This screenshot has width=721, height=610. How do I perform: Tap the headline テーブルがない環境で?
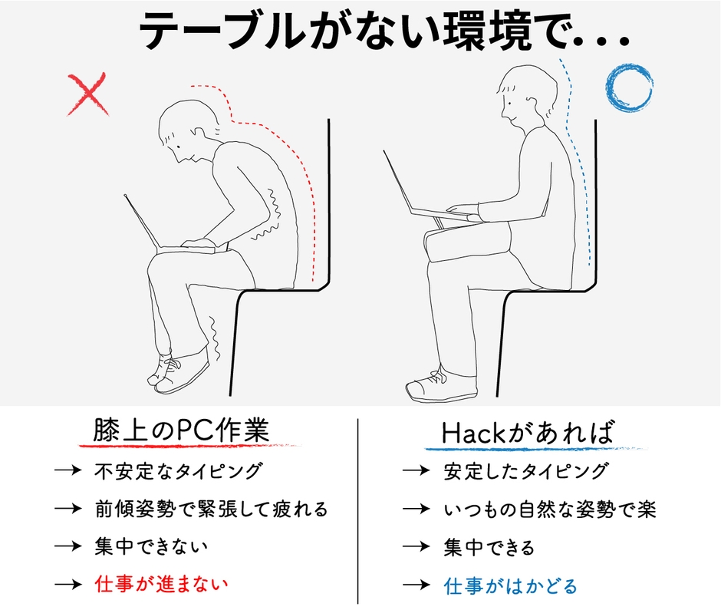click(384, 32)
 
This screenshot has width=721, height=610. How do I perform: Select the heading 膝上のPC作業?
click(181, 430)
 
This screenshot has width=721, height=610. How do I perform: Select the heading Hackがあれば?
click(528, 432)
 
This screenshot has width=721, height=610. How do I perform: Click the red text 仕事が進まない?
click(161, 584)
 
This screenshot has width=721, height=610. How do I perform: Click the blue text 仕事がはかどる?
click(511, 585)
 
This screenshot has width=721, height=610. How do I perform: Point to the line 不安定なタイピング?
click(178, 470)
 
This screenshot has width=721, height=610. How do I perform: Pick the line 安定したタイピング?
click(526, 470)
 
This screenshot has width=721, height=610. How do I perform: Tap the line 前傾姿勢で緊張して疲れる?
click(211, 508)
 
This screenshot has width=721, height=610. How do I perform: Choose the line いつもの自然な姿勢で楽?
click(550, 509)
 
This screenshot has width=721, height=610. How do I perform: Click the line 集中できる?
click(489, 547)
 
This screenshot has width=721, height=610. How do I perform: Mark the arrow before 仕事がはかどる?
click(415, 585)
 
